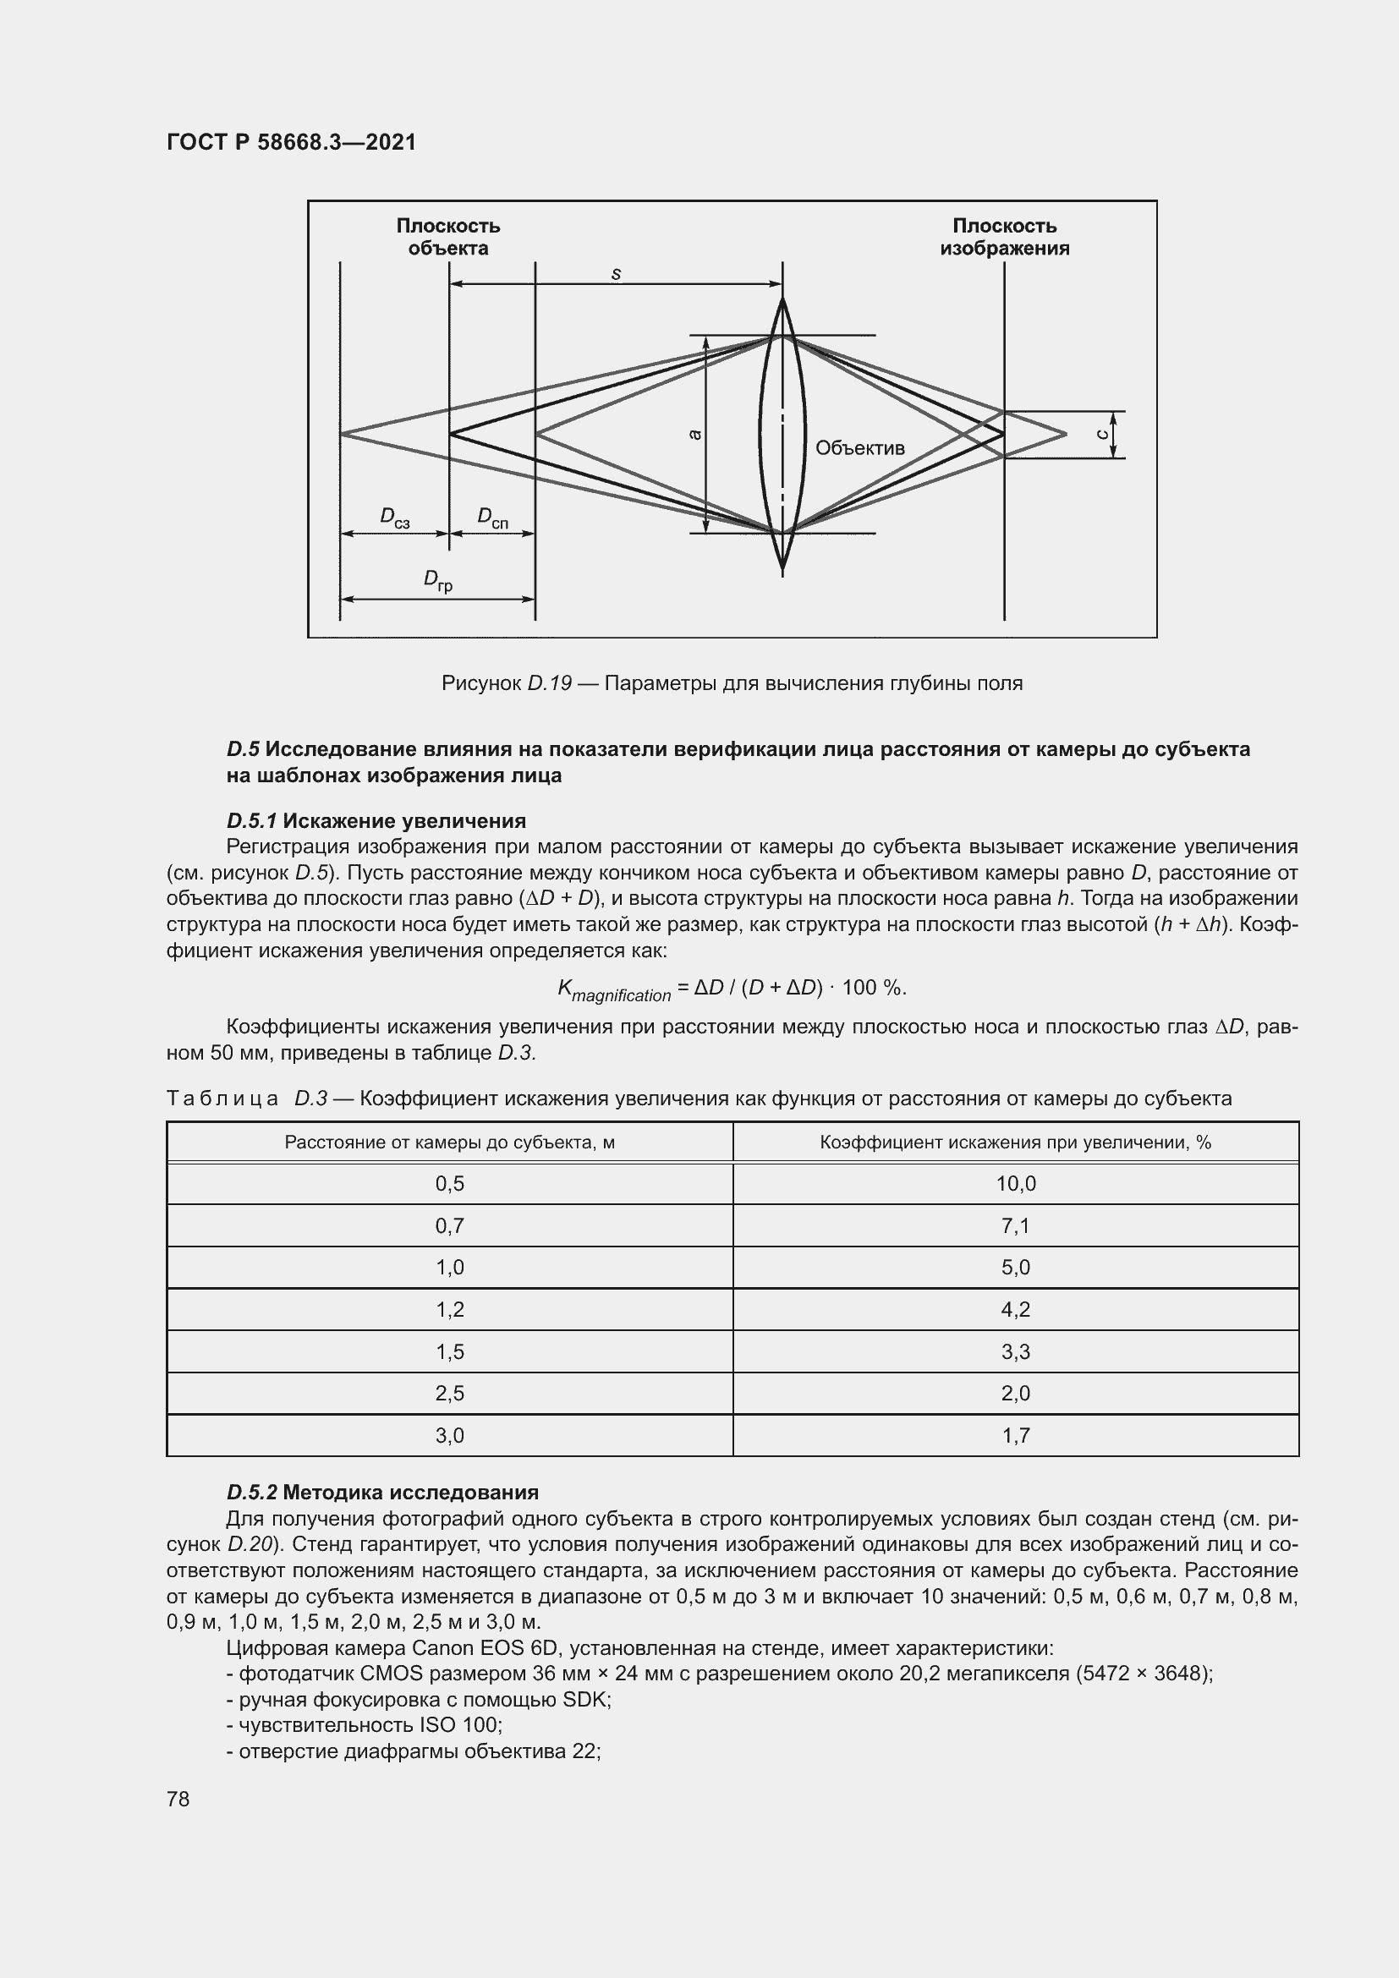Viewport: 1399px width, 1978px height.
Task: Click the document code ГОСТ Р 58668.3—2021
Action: (x=291, y=142)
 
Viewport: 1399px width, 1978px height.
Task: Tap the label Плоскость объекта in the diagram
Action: (x=448, y=237)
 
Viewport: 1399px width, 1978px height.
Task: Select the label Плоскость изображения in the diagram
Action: (x=1005, y=237)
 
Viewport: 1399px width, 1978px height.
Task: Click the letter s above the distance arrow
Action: (x=616, y=275)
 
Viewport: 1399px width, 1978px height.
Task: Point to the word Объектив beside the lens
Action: (x=859, y=448)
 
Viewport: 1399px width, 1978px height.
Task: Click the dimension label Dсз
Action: (x=394, y=518)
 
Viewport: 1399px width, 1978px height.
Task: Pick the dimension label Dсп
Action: (x=493, y=518)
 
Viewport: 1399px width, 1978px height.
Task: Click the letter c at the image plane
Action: (x=1103, y=434)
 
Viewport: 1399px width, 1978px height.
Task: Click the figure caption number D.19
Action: (x=550, y=684)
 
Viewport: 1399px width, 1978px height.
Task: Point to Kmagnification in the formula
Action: (x=613, y=990)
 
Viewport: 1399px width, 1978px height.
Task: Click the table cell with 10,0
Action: (x=1016, y=1184)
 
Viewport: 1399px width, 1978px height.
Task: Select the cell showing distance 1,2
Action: (x=450, y=1309)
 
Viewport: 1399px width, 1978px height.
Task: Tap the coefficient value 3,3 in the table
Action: (x=1016, y=1351)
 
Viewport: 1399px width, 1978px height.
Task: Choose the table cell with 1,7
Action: (x=1016, y=1435)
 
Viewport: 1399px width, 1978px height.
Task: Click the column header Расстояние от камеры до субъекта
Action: (x=450, y=1142)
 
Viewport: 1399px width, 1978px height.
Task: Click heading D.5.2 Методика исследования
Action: (x=382, y=1492)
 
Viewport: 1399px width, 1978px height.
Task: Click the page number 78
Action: (x=178, y=1799)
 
